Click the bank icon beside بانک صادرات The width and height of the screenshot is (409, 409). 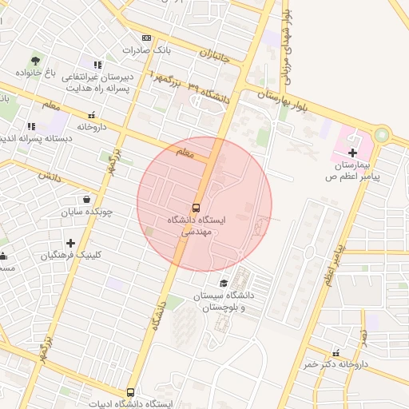click(146, 38)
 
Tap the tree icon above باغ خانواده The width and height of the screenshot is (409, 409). click(35, 60)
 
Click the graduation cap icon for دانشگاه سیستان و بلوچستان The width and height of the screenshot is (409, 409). click(224, 284)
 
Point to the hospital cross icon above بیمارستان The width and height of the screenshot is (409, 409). click(352, 153)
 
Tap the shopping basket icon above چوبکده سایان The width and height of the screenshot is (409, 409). click(86, 200)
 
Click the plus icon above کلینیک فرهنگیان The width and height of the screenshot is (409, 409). click(71, 242)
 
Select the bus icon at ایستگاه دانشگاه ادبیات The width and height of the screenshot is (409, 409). click(131, 392)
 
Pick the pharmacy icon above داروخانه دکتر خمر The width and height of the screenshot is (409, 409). click(336, 352)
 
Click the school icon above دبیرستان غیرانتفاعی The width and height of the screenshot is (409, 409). click(97, 65)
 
